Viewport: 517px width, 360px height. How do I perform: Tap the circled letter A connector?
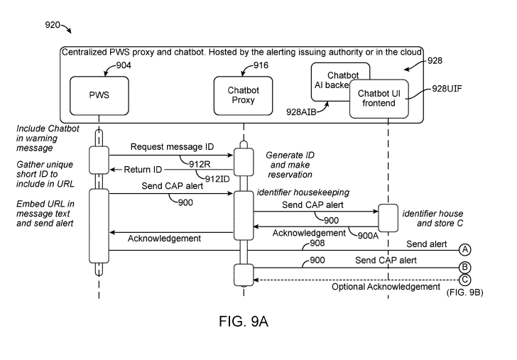coord(465,249)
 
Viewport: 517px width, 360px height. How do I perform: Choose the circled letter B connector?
coord(465,267)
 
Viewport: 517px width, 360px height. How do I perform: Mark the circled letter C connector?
coord(465,279)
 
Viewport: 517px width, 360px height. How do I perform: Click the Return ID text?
coord(144,170)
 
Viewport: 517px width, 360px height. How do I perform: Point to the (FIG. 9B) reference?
coord(464,293)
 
